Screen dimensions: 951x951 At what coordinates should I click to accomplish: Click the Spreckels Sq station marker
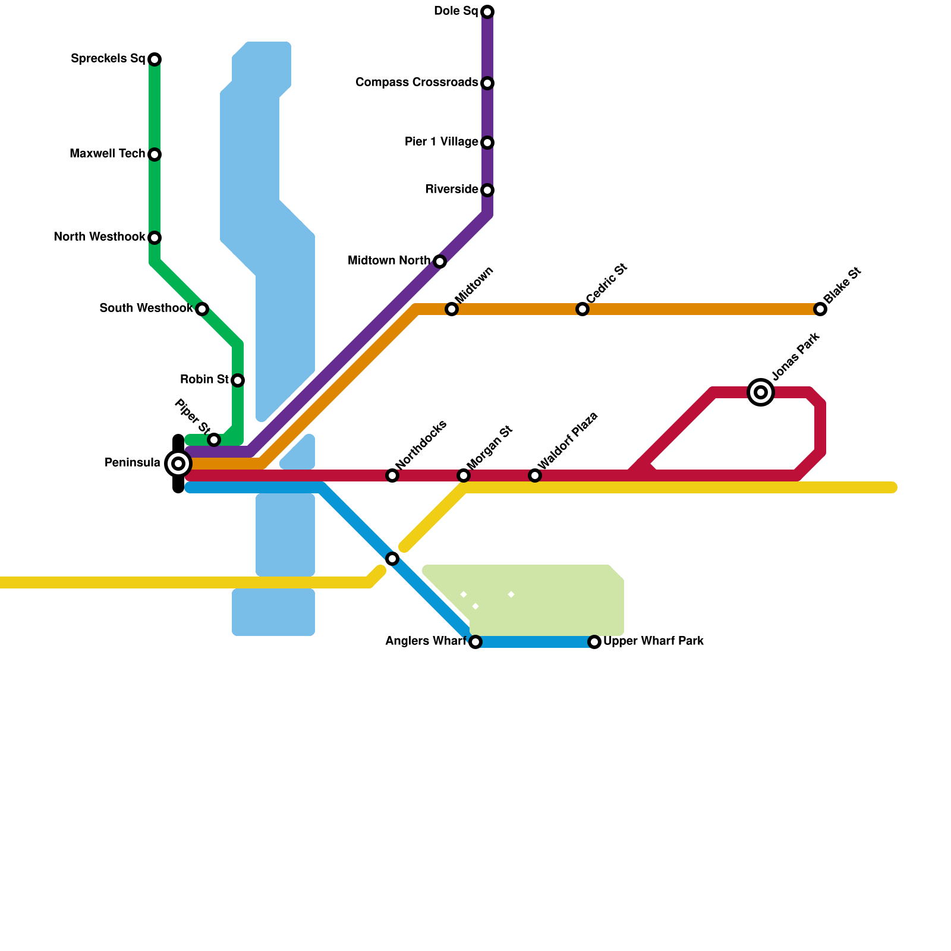pos(155,59)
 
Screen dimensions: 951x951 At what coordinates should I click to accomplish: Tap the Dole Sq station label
pos(456,11)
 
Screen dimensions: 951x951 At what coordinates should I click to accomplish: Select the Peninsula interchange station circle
pos(178,464)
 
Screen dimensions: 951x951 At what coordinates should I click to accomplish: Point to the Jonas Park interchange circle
pos(761,392)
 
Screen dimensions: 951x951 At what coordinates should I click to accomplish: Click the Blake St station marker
pos(820,309)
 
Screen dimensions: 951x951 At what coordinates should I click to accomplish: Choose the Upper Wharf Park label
pos(653,641)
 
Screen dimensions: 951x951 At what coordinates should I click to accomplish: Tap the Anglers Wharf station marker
pos(475,642)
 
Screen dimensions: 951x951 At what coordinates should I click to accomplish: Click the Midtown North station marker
pos(440,262)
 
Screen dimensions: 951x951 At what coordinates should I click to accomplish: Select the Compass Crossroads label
pos(417,83)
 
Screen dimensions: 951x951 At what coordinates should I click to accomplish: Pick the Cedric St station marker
pos(582,309)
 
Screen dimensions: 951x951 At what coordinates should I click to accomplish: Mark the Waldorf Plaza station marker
pos(535,475)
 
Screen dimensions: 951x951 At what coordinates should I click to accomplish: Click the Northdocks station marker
pos(392,475)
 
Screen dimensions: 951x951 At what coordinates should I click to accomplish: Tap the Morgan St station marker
pos(464,475)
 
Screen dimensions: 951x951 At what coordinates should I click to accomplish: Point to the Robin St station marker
pos(238,380)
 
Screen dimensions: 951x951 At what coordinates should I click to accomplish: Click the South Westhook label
pos(146,308)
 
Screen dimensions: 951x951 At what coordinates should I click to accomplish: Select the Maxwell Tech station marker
pos(155,155)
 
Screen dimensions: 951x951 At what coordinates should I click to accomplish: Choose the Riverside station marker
pos(487,190)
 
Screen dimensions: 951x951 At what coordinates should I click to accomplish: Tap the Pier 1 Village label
pos(441,142)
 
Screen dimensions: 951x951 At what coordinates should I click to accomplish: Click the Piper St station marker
pos(214,440)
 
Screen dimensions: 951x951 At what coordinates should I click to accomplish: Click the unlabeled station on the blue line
pos(392,559)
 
